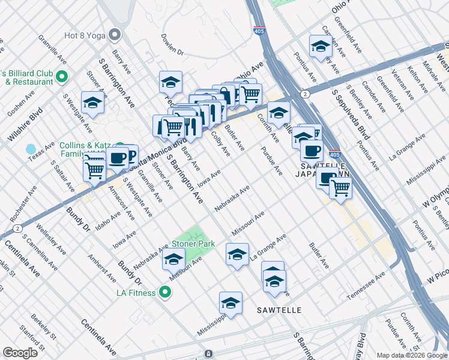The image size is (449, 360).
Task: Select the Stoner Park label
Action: pos(193,244)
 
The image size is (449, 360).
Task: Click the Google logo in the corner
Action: pos(20,353)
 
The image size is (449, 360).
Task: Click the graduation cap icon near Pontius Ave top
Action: pos(321,46)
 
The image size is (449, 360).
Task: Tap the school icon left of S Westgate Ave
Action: pos(93,103)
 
